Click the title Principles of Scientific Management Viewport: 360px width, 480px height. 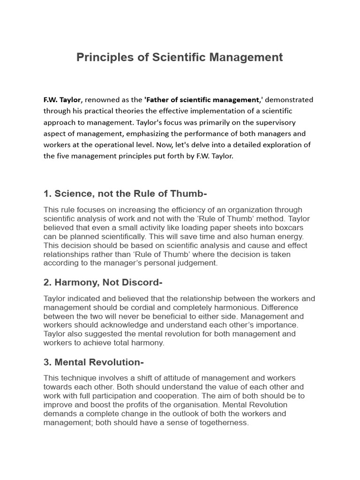180,57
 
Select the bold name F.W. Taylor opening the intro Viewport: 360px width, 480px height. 62,99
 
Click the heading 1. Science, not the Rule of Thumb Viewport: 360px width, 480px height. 125,193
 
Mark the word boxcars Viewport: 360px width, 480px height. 287,227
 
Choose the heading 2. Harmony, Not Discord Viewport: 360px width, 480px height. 103,283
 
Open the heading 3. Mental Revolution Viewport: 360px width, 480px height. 94,362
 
